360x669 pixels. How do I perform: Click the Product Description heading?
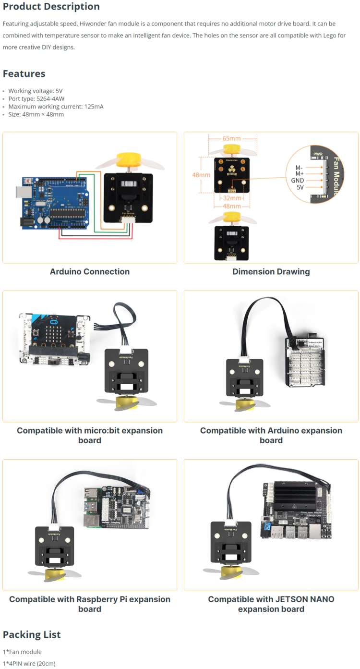tap(51, 7)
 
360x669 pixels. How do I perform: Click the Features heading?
tap(24, 73)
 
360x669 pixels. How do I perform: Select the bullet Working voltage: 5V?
tap(36, 91)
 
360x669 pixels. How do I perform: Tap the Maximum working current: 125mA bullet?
tap(56, 107)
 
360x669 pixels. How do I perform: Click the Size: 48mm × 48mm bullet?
tap(36, 114)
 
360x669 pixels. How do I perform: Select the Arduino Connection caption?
tap(90, 271)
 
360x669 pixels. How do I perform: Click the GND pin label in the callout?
tap(297, 181)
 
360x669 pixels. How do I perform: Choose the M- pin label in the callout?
tap(299, 168)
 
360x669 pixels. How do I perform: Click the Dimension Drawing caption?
tap(271, 271)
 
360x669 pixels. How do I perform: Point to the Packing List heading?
tap(32, 634)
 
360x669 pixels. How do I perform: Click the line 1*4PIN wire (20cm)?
tap(29, 663)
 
